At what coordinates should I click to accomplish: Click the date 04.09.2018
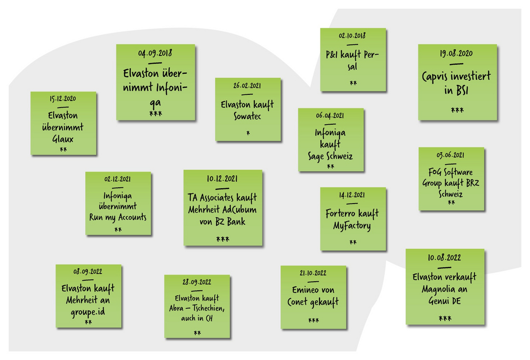click(155, 53)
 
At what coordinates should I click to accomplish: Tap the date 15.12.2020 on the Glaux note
click(63, 99)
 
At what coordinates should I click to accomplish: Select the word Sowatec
click(247, 117)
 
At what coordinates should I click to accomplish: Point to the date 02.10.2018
click(352, 36)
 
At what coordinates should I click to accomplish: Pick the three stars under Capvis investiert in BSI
click(457, 111)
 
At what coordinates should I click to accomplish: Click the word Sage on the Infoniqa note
click(319, 156)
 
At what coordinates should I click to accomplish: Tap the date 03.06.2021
click(451, 155)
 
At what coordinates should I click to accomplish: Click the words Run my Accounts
click(118, 217)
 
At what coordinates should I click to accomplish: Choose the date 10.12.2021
click(222, 179)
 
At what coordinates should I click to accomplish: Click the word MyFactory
click(352, 225)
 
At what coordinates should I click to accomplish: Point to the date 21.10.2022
click(313, 273)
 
